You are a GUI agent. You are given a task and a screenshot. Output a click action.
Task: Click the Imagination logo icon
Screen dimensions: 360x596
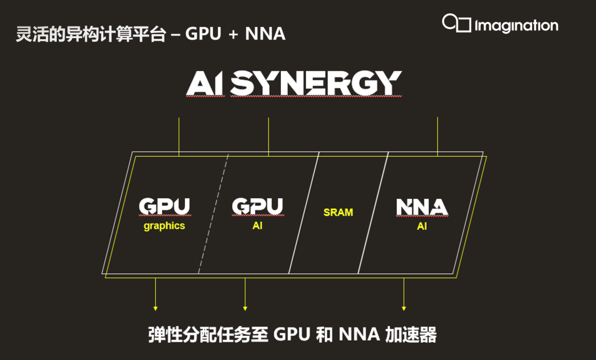[x=456, y=23]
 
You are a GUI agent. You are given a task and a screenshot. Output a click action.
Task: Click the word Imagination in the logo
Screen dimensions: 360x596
[x=516, y=25]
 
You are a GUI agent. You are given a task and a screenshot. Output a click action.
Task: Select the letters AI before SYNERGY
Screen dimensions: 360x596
[x=205, y=83]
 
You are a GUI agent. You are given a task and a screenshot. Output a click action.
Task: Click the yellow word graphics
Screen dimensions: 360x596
[x=164, y=226]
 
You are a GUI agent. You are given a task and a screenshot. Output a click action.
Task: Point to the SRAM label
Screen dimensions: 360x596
[x=338, y=212]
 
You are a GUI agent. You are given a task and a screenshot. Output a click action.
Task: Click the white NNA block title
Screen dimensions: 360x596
[x=422, y=207]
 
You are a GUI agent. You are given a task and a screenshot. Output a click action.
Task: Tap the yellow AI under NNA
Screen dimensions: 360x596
[x=422, y=226]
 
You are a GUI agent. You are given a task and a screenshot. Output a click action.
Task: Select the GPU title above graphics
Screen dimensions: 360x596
[x=164, y=207]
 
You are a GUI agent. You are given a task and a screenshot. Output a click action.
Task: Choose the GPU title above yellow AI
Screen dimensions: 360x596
[x=257, y=207]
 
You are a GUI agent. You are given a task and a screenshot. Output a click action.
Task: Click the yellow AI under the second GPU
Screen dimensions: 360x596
[x=257, y=226]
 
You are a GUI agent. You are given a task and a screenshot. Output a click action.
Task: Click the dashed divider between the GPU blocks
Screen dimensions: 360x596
[x=214, y=215]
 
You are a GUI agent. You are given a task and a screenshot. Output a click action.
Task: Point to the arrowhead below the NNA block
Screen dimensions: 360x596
[x=404, y=308]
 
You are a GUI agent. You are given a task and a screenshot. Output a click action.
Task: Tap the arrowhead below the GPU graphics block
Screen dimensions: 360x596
[x=156, y=308]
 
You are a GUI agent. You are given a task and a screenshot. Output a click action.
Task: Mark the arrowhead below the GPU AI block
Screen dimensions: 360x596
[x=245, y=308]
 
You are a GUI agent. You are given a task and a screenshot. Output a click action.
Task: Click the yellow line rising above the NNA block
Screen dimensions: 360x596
[x=438, y=135]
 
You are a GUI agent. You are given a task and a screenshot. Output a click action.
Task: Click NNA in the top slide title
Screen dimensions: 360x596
[x=265, y=34]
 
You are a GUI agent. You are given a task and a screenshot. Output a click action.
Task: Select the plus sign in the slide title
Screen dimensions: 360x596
[x=233, y=35]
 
